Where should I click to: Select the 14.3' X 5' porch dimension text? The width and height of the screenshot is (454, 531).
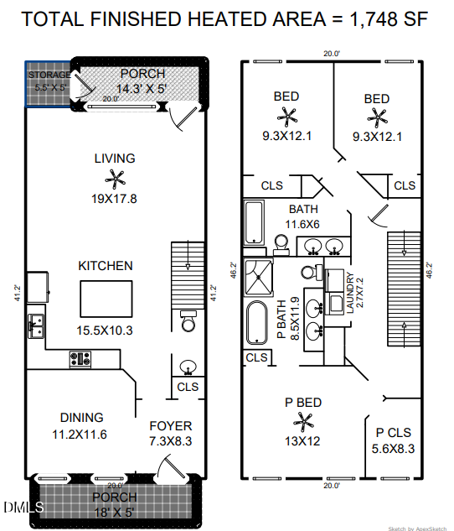coord(142,88)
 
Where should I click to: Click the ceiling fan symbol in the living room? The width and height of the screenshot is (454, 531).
coord(114,177)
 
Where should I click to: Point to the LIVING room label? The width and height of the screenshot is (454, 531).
coord(114,158)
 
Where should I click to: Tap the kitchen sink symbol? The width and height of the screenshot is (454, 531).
coord(35,324)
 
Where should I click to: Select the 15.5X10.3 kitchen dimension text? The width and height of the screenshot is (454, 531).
coord(106,330)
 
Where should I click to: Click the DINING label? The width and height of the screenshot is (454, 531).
coord(81,418)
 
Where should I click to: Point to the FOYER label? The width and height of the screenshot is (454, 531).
coord(170,426)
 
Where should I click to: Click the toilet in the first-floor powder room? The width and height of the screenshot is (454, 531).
coord(188,322)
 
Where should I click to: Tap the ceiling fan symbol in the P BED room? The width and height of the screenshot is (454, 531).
coord(302,421)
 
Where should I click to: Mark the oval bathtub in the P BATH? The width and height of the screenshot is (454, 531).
coord(255,324)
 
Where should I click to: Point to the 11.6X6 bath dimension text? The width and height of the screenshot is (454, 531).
coord(303,224)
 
